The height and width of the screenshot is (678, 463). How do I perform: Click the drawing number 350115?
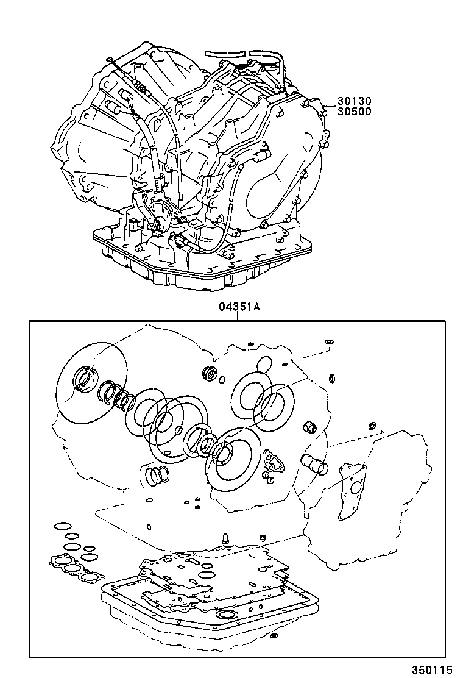pyautogui.click(x=436, y=669)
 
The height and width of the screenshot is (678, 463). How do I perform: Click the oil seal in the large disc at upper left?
pyautogui.click(x=83, y=379)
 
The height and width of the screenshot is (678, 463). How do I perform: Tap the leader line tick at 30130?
pyautogui.click(x=324, y=107)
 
